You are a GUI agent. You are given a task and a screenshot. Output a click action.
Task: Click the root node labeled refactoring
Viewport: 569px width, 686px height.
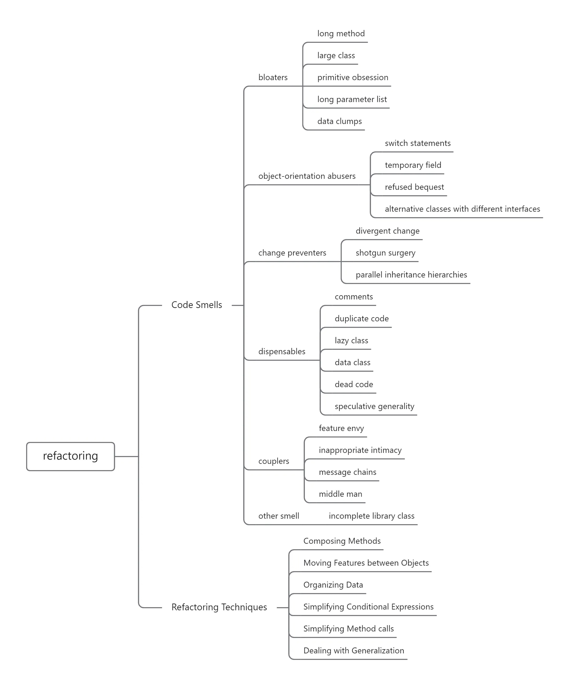(70, 456)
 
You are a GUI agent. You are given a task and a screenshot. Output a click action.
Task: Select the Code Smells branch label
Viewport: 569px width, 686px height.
(196, 305)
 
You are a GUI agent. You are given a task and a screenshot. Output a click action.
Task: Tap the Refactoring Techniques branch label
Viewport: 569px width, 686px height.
(219, 607)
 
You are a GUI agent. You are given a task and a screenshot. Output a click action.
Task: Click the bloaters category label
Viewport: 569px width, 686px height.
(273, 78)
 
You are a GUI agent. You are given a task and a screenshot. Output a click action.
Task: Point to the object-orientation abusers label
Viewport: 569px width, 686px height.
(307, 176)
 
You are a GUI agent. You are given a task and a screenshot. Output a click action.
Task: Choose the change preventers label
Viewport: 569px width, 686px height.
(292, 253)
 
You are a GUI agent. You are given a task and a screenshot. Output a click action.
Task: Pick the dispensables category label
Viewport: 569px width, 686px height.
(282, 352)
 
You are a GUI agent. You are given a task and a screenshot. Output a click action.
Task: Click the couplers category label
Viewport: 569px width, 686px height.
(274, 461)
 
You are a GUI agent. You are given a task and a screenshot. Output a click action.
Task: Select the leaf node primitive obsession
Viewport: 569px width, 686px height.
(352, 78)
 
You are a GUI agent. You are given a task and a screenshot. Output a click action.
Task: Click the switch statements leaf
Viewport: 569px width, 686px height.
(417, 143)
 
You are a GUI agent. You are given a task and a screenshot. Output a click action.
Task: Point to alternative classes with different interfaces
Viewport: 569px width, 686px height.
(462, 209)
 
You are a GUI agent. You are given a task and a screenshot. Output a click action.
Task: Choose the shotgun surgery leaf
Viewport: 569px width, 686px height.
(385, 253)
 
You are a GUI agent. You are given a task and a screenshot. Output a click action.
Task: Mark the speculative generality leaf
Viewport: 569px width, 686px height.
(374, 406)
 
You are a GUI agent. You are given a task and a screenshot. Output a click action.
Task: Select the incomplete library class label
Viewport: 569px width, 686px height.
(371, 516)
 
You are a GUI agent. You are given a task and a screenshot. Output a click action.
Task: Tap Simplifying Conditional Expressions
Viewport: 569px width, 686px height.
(368, 607)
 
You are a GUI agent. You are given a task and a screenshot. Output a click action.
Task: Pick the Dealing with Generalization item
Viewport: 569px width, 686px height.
(353, 651)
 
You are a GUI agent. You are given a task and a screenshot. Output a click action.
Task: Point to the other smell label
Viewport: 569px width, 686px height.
(278, 516)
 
